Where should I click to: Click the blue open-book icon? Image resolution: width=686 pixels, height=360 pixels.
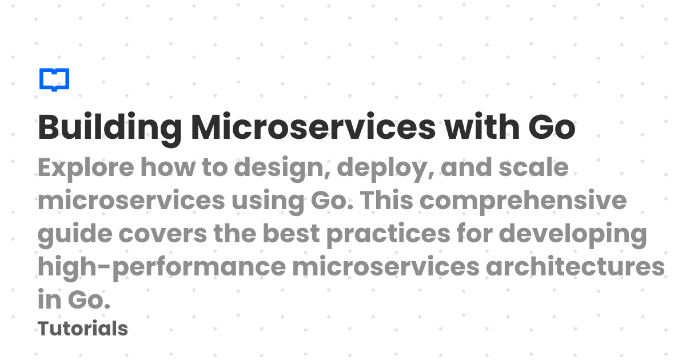coord(54,79)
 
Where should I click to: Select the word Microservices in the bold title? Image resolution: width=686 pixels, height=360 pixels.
coord(313,128)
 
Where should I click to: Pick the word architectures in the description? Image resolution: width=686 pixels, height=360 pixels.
coord(575,267)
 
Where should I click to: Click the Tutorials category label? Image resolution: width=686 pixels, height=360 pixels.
coord(83,329)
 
